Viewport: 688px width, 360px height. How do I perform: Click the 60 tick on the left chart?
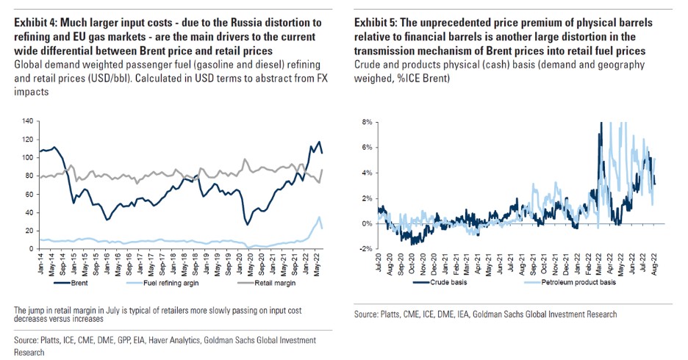coord(30,194)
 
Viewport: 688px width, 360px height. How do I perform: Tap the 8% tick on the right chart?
coord(365,120)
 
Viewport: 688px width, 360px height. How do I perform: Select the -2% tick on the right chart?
coord(364,249)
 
